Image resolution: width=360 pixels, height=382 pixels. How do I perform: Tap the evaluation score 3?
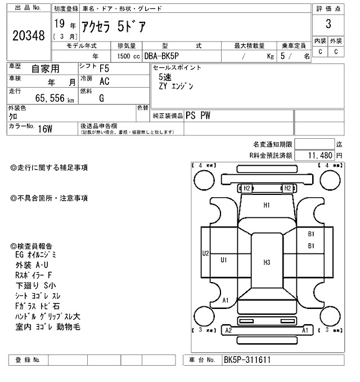point(328,24)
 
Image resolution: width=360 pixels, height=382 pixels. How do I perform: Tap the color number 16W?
point(45,129)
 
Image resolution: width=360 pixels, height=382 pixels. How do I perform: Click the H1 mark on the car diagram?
point(267,205)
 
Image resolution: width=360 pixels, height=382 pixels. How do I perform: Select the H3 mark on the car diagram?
point(267,262)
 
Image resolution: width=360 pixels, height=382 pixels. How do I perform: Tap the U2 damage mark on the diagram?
point(206,254)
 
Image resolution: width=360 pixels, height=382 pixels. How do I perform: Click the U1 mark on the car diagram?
point(223,260)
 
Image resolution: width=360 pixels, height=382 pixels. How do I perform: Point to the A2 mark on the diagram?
point(228,331)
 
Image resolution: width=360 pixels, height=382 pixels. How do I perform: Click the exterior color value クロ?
point(12,116)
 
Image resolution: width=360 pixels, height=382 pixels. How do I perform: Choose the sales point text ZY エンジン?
point(176,87)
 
